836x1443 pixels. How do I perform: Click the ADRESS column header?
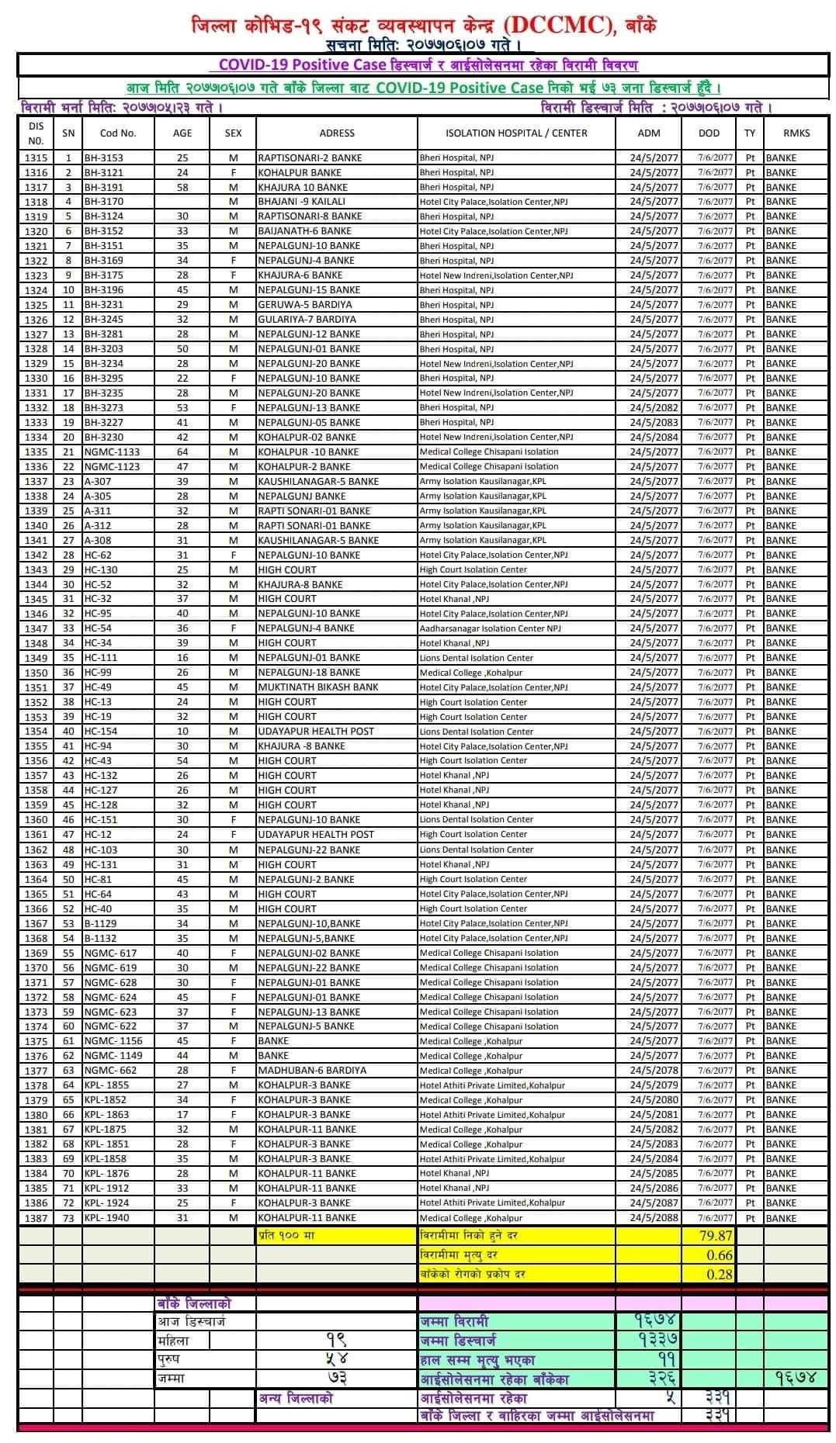click(x=336, y=133)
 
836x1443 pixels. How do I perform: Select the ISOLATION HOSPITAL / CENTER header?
click(x=516, y=133)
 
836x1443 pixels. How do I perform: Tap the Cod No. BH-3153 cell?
click(x=104, y=157)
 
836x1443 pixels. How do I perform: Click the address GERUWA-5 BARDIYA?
click(x=304, y=305)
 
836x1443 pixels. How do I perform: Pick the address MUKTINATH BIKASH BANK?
click(x=318, y=687)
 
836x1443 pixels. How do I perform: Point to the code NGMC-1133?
click(x=113, y=452)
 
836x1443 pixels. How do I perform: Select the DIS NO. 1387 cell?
click(x=36, y=1218)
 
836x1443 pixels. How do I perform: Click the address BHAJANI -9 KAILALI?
click(x=302, y=202)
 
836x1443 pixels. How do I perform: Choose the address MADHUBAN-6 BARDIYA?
click(x=312, y=1071)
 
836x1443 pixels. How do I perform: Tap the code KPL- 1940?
click(x=106, y=1218)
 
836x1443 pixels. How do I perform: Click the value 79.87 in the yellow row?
click(x=716, y=1236)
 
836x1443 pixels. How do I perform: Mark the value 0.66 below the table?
click(x=720, y=1255)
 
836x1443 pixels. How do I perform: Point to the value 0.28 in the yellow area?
click(x=720, y=1274)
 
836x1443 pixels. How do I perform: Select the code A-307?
click(x=98, y=482)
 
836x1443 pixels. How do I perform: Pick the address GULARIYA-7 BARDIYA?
click(x=307, y=320)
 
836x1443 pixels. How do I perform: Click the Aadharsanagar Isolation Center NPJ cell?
click(x=490, y=628)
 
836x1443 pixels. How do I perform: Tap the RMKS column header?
click(x=796, y=133)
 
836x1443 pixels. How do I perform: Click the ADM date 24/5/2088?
click(x=654, y=1218)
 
